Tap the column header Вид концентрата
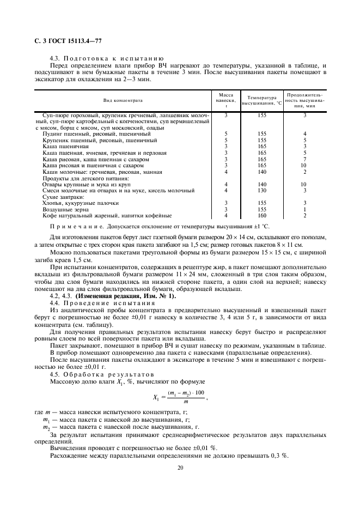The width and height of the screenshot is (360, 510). [x=123, y=100]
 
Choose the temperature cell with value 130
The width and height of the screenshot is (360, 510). [x=262, y=191]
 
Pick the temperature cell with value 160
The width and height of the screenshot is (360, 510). [x=262, y=215]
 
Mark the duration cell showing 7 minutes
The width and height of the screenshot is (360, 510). [x=305, y=159]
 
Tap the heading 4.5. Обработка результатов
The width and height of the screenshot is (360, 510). [x=97, y=374]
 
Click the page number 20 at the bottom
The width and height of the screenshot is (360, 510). [x=179, y=467]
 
